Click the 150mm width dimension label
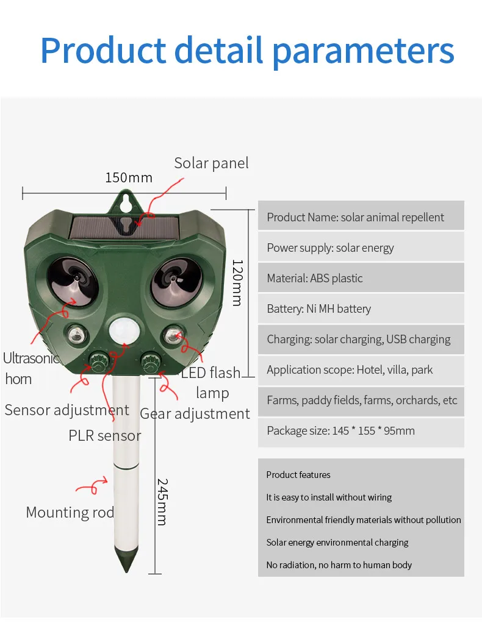click(x=129, y=178)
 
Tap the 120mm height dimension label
click(x=237, y=283)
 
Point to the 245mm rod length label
click(x=162, y=502)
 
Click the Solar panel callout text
click(x=211, y=163)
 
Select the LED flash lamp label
click(x=211, y=382)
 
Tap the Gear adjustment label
click(x=195, y=414)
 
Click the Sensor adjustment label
click(x=67, y=410)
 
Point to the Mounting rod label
click(x=70, y=513)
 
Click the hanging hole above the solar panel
click(x=126, y=200)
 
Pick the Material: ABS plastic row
click(x=361, y=279)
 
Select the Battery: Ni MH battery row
click(x=361, y=309)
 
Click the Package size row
click(x=361, y=431)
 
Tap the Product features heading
click(x=298, y=475)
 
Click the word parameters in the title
click(x=363, y=51)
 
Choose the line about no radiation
click(x=339, y=565)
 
